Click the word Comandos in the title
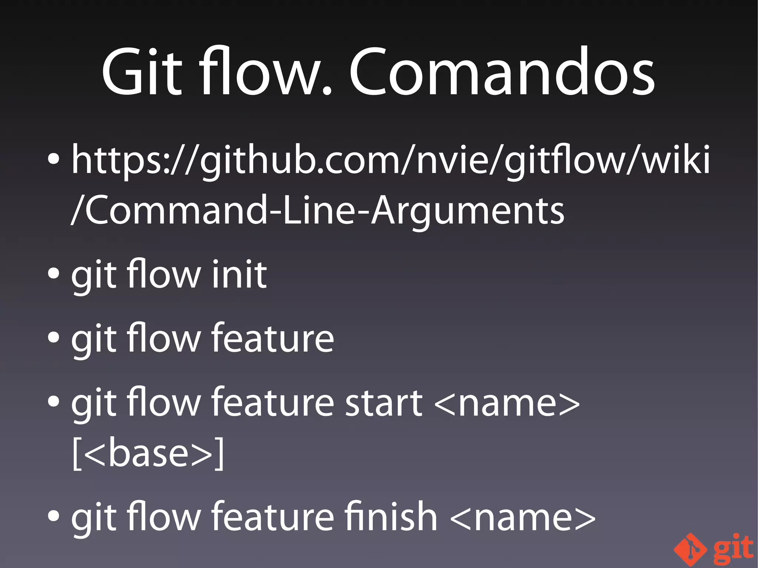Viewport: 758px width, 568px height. pyautogui.click(x=502, y=72)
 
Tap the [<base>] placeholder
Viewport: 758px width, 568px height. pyautogui.click(x=148, y=454)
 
